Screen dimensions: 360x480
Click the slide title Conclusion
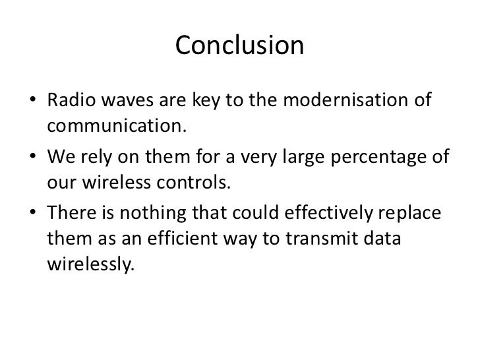click(240, 47)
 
